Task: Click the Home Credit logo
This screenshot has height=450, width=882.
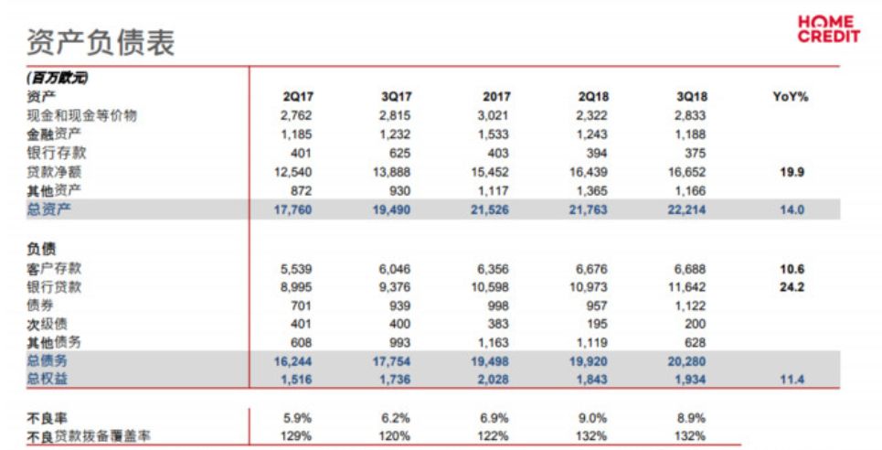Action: pyautogui.click(x=828, y=29)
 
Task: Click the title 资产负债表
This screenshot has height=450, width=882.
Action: pyautogui.click(x=101, y=41)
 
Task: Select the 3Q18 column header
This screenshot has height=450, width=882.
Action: pyautogui.click(x=689, y=97)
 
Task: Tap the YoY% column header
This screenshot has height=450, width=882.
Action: pyautogui.click(x=791, y=97)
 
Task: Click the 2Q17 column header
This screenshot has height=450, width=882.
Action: pyautogui.click(x=300, y=97)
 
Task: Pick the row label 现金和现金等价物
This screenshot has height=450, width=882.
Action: pyautogui.click(x=81, y=115)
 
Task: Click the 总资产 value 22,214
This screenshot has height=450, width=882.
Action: pyautogui.click(x=687, y=209)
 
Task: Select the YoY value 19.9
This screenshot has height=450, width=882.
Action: pyautogui.click(x=792, y=172)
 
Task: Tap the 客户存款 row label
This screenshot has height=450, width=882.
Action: pyautogui.click(x=54, y=268)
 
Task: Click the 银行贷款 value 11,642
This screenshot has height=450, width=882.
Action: pyautogui.click(x=688, y=286)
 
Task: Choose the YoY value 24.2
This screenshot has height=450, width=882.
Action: pyautogui.click(x=792, y=286)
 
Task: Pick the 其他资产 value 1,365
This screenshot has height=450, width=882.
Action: pyautogui.click(x=590, y=190)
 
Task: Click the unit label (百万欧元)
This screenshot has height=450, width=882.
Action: pyautogui.click(x=58, y=79)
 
